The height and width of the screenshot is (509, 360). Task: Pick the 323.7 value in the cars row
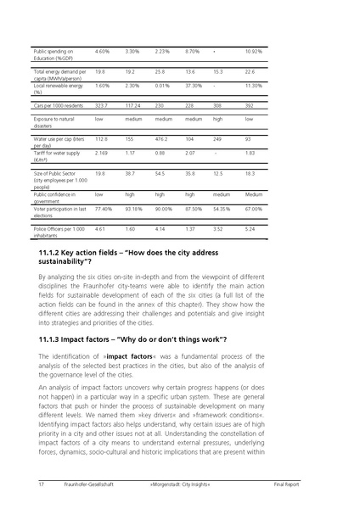click(x=104, y=105)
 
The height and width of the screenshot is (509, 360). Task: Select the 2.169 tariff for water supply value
click(x=102, y=152)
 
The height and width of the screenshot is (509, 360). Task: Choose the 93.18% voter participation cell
click(x=133, y=208)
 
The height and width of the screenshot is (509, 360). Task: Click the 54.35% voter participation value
click(x=222, y=208)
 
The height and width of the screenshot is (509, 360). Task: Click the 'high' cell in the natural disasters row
click(x=217, y=120)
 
